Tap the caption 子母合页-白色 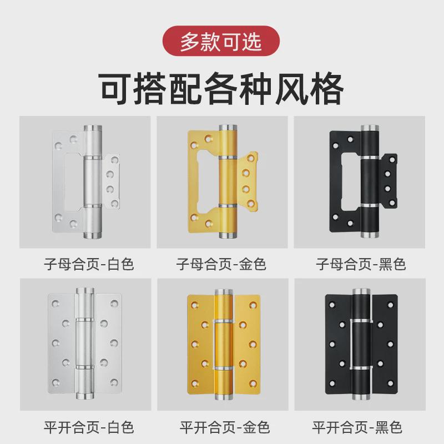click(x=89, y=263)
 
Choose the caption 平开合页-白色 click(x=89, y=427)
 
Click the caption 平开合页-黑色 click(x=357, y=427)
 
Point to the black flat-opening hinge click(x=361, y=344)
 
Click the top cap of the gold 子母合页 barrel click(x=228, y=128)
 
